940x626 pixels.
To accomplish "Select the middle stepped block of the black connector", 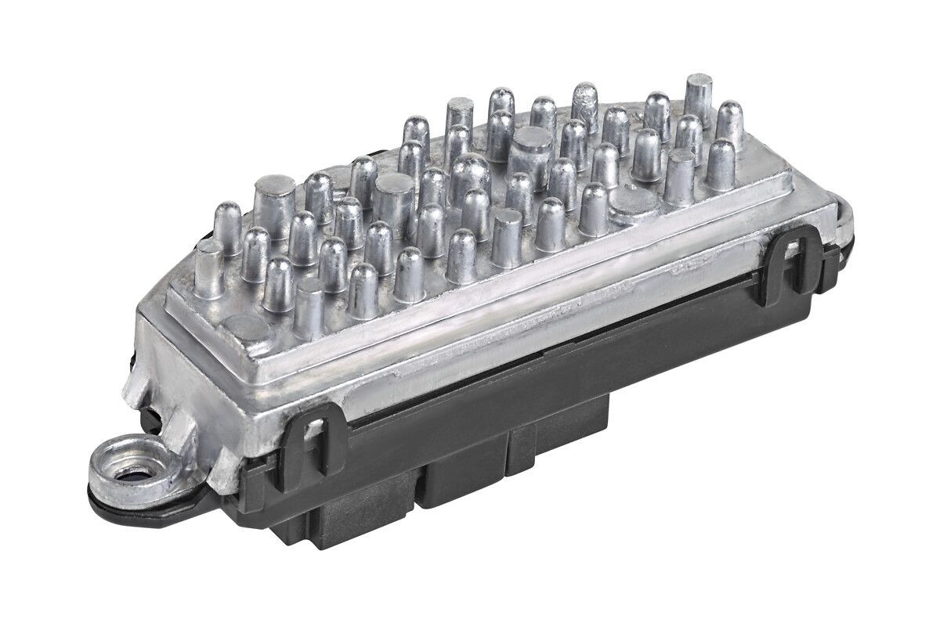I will click(462, 477).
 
